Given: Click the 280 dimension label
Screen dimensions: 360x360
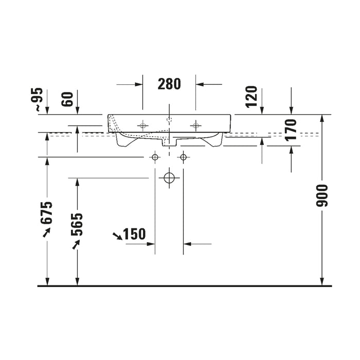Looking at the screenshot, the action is coord(169,84).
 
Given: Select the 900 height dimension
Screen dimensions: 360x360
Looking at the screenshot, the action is coord(321,195).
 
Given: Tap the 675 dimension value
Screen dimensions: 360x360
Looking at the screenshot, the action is coord(47,213).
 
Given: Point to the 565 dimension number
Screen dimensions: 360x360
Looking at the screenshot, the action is coord(77,225).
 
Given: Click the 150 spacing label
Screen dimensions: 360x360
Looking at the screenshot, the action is coord(135,234).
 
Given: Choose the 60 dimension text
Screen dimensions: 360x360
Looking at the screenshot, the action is coord(67,99).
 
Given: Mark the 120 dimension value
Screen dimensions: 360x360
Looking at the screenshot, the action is coord(251,97).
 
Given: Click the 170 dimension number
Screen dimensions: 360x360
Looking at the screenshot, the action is coord(291,130).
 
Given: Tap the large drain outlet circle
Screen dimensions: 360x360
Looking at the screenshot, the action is coord(169,178).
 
